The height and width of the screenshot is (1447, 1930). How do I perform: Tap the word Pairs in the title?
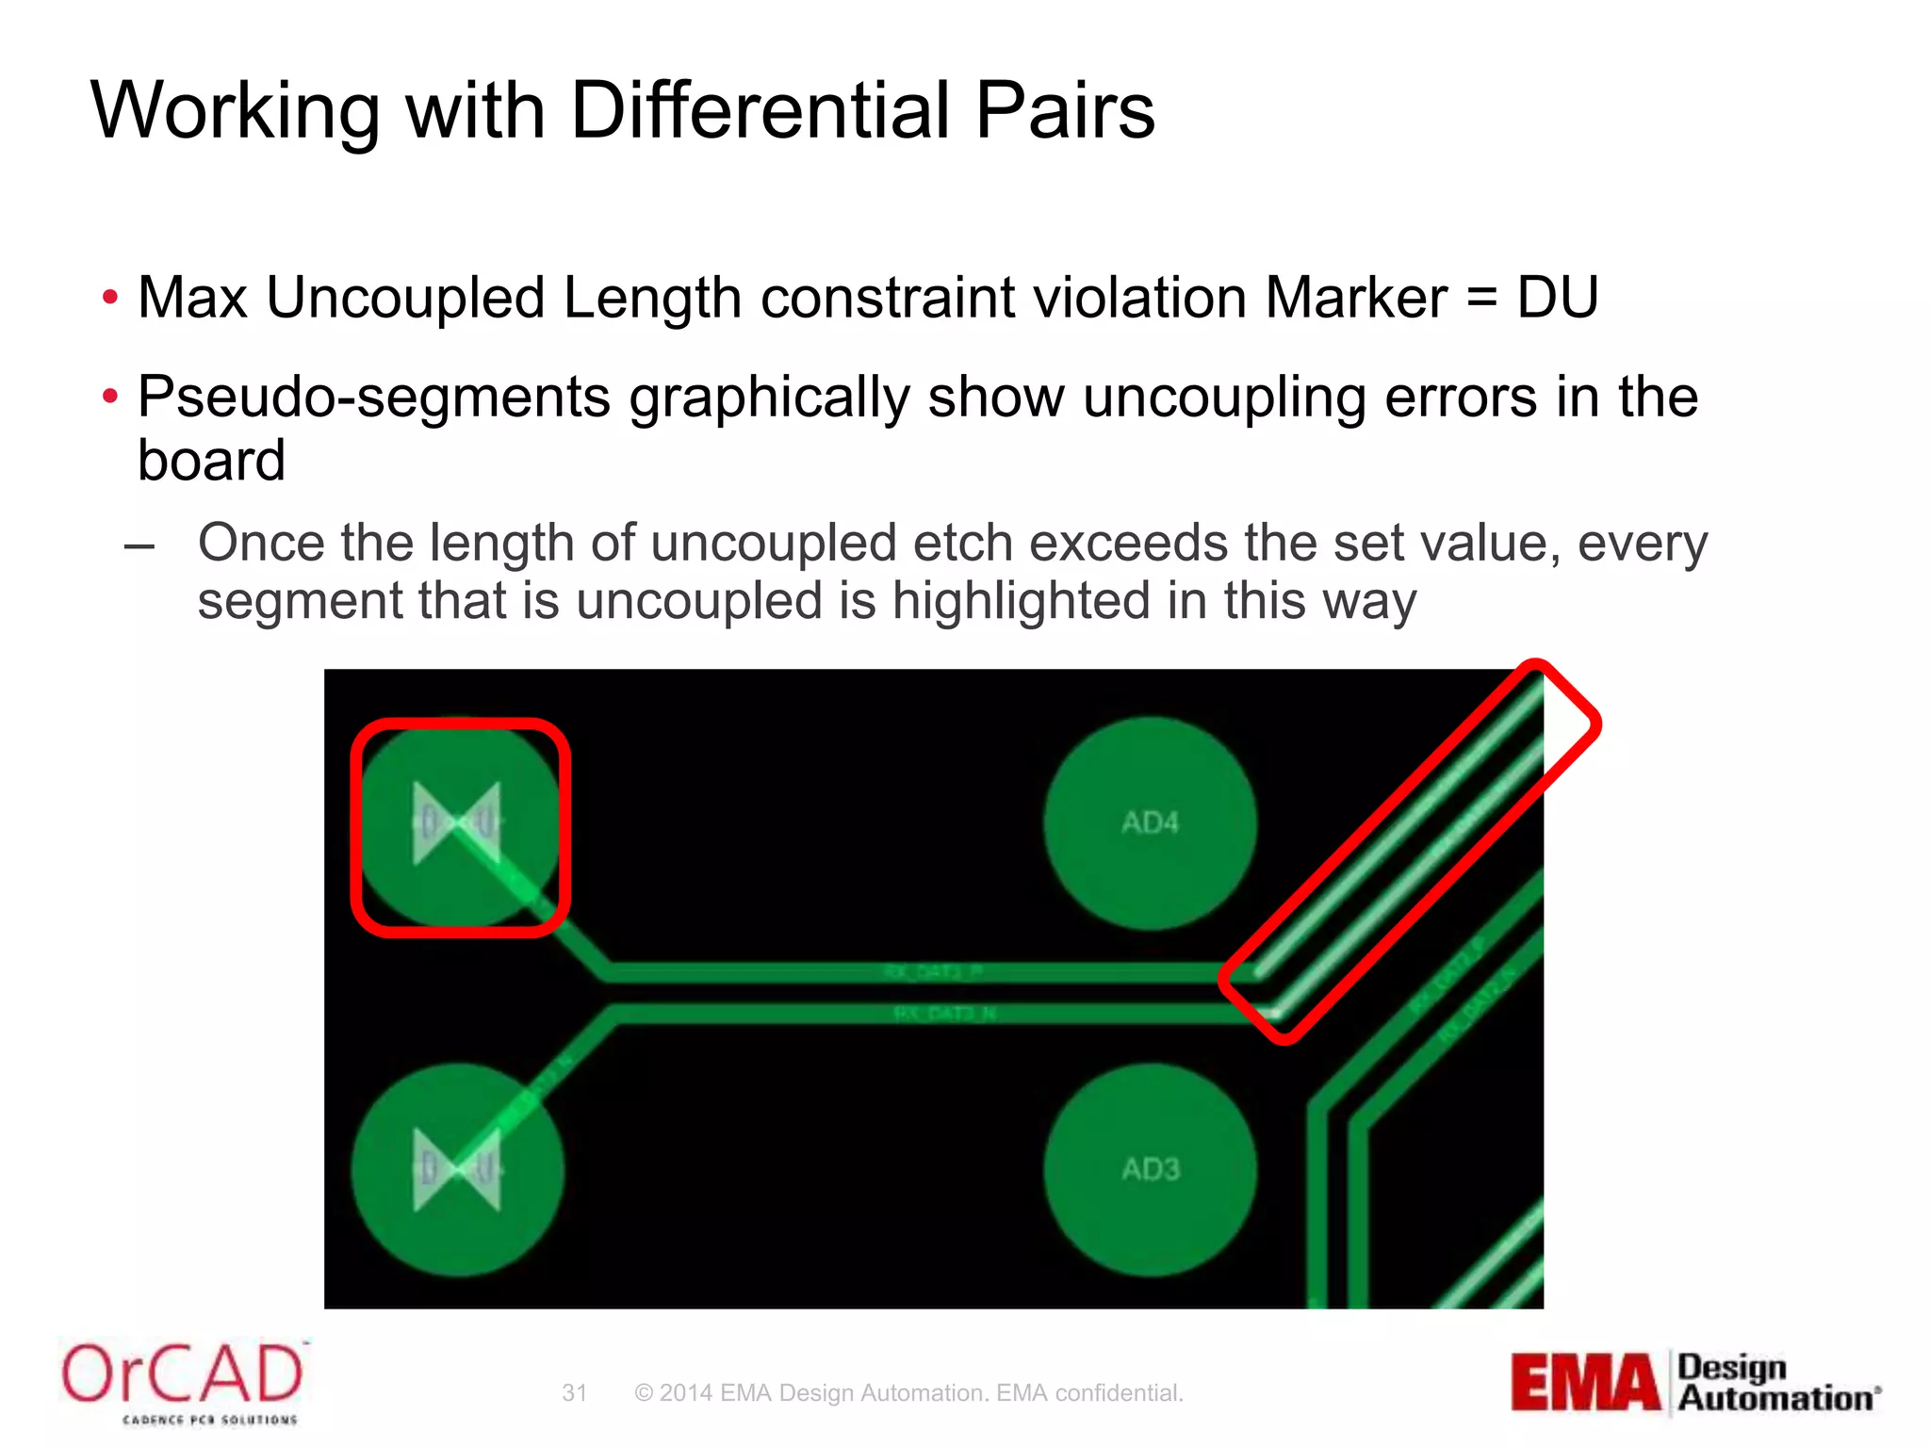pos(1064,110)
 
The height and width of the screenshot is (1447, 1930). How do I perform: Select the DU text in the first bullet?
pos(1557,298)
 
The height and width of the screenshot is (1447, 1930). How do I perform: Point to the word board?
pos(211,461)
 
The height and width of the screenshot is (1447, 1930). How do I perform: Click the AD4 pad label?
pos(1150,823)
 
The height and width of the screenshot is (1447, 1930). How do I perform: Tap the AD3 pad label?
pos(1150,1170)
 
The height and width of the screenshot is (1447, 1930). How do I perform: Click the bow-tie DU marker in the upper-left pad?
pos(457,823)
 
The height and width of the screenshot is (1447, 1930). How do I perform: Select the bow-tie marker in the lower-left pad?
pos(457,1170)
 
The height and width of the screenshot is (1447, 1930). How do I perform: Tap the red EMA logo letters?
pos(1585,1383)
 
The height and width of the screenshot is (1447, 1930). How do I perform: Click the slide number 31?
pos(574,1393)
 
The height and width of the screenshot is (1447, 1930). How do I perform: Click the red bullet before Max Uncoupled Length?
pos(110,298)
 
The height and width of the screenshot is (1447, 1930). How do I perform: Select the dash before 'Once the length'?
pos(139,546)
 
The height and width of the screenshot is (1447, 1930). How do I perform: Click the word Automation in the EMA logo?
pos(1775,1398)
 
